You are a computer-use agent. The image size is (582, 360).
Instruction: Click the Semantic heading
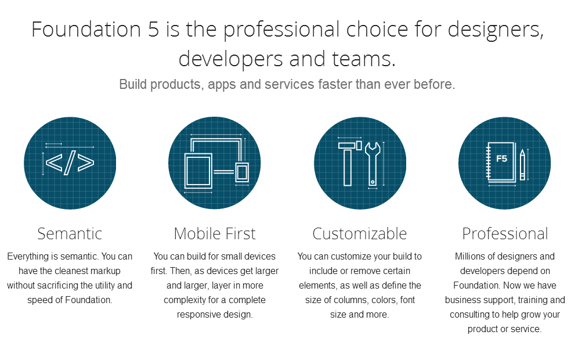click(x=70, y=233)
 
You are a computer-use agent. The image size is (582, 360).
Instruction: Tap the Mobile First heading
click(x=215, y=233)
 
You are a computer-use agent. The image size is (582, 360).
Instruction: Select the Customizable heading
click(x=360, y=233)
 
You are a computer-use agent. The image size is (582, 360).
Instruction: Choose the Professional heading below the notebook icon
click(x=505, y=233)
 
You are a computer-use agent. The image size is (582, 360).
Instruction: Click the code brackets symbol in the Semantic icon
click(x=70, y=163)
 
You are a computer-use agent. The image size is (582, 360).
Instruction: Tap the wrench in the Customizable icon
click(x=373, y=164)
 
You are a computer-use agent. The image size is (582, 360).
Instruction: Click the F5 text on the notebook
click(x=501, y=159)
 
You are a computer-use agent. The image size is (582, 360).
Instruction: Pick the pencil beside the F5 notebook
click(x=522, y=164)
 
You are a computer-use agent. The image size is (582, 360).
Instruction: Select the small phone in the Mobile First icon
click(x=242, y=172)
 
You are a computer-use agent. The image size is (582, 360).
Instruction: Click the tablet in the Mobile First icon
click(x=198, y=171)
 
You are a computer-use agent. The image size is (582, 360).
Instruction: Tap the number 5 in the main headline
click(x=153, y=30)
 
